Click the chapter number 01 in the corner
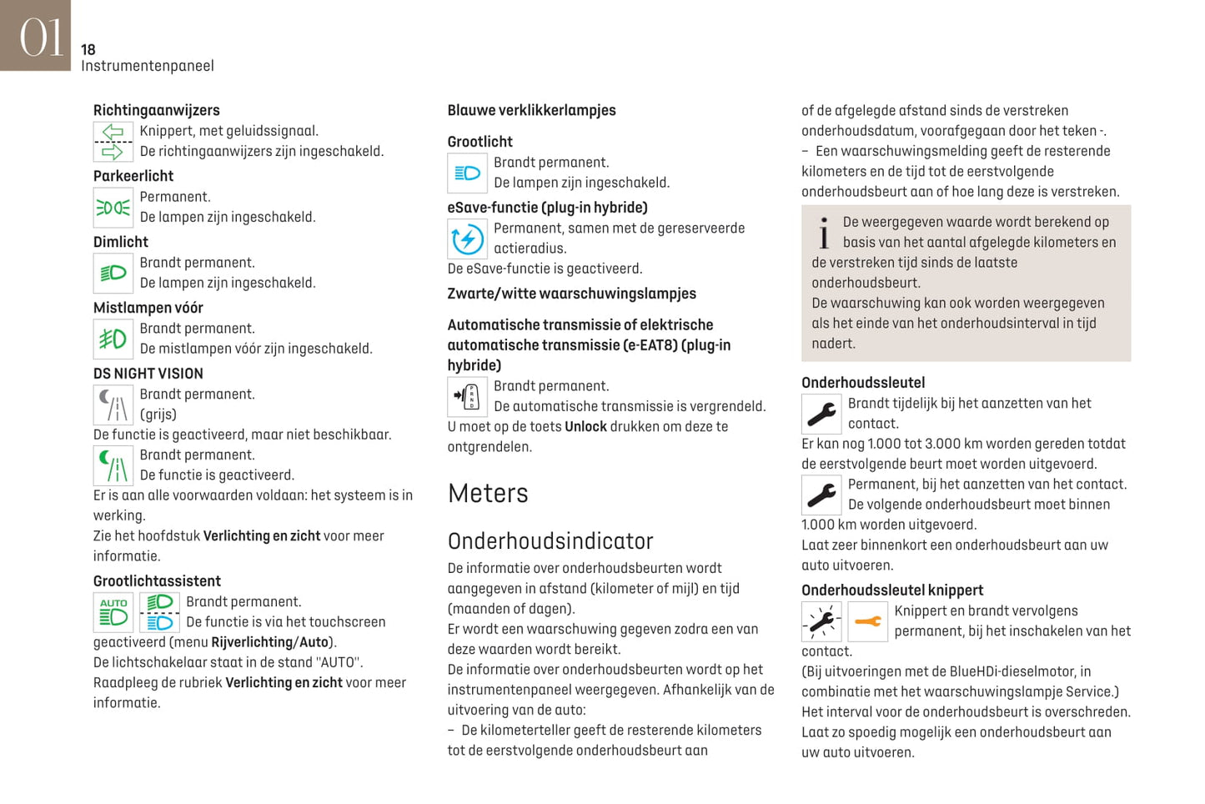click(40, 38)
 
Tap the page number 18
click(88, 50)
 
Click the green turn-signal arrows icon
click(113, 142)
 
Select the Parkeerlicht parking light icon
click(113, 208)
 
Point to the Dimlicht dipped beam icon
click(113, 274)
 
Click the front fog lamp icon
click(113, 339)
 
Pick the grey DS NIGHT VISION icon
click(113, 405)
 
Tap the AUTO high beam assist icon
click(113, 612)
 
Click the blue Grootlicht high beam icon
click(467, 173)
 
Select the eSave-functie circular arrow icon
click(467, 239)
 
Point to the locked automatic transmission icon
click(467, 397)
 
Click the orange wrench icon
click(867, 621)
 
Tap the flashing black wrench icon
click(821, 621)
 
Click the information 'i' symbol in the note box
click(824, 234)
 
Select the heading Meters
click(488, 494)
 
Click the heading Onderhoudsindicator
click(550, 541)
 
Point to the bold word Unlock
click(585, 427)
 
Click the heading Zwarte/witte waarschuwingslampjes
click(571, 294)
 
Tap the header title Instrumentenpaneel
click(148, 66)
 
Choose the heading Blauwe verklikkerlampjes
click(531, 110)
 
